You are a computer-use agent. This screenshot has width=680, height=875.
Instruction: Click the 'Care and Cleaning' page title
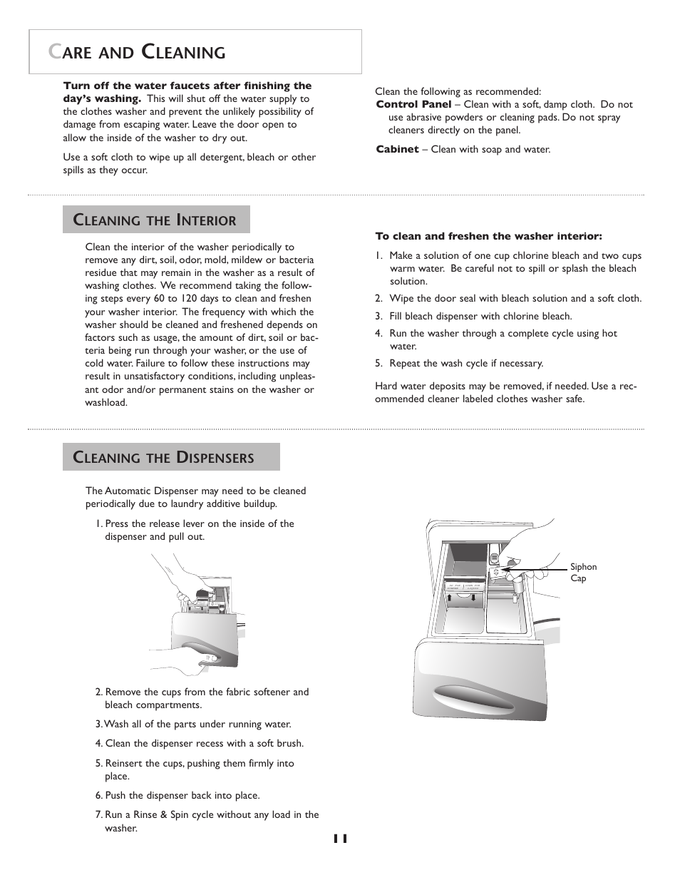point(137,52)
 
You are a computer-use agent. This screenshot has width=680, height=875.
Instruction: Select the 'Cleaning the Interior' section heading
point(156,220)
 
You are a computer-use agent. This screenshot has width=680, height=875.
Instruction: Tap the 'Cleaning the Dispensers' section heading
point(171,458)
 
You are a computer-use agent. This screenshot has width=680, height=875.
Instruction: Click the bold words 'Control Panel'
point(413,105)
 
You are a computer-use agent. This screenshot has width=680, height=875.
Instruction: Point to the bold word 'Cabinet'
point(397,150)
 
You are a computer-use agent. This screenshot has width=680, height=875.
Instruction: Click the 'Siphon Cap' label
point(583,573)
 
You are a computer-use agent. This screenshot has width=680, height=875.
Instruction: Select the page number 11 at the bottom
point(340,839)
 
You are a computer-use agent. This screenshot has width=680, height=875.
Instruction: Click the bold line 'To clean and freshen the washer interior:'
point(488,236)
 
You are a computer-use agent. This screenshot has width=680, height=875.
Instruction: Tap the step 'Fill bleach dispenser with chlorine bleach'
point(480,317)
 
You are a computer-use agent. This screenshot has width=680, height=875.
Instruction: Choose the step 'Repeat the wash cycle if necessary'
point(465,364)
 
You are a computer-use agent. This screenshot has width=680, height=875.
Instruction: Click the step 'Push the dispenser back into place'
point(182,796)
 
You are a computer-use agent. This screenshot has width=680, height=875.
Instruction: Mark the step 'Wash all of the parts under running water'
point(197,725)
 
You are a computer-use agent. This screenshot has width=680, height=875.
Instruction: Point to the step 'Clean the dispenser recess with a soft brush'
point(204,744)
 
